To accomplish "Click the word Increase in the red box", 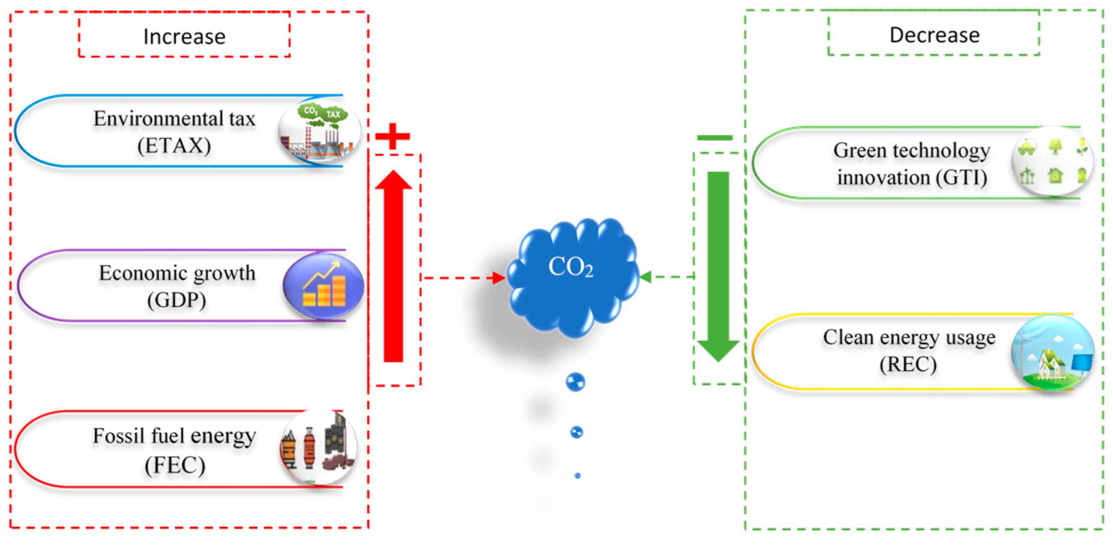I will [184, 36].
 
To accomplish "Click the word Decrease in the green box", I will [934, 35].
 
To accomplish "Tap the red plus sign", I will [392, 136].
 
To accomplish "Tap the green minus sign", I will [714, 138].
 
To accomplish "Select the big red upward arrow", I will [393, 267].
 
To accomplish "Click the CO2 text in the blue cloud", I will [570, 267].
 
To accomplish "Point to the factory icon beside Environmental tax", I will [319, 132].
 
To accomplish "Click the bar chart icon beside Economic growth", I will [323, 286].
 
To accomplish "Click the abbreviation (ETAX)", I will [174, 146].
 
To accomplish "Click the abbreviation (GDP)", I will [177, 300].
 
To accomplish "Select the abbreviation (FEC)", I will [175, 465].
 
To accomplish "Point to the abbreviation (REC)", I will [908, 364].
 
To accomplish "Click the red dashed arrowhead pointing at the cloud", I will [499, 278].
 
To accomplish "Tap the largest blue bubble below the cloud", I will [575, 382].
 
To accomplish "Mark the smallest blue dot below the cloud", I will [577, 476].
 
